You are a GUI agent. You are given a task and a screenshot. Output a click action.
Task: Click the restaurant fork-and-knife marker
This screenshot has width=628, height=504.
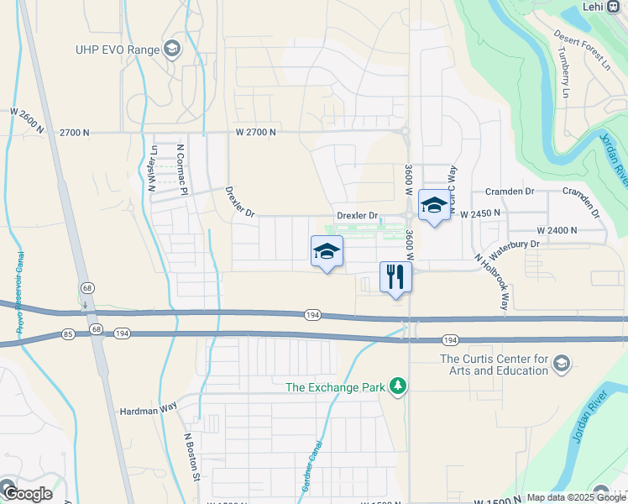click(x=395, y=276)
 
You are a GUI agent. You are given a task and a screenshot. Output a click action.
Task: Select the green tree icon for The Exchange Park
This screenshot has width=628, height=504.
click(x=399, y=386)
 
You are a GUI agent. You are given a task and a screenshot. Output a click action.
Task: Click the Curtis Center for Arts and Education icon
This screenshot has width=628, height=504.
click(x=562, y=363)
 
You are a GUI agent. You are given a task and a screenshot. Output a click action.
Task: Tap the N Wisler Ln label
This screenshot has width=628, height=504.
click(x=153, y=169)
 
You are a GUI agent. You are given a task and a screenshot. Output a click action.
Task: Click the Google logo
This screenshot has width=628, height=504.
click(x=27, y=493)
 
